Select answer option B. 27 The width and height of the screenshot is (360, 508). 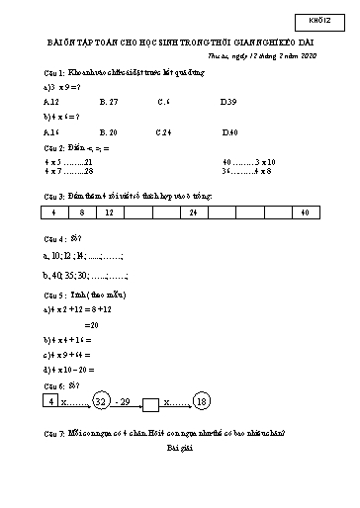[110, 101]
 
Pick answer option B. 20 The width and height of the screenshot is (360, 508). [110, 131]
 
